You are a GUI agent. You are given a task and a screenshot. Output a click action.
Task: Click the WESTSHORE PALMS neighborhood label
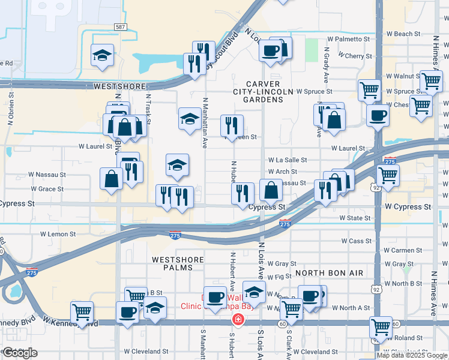pyautogui.click(x=173, y=263)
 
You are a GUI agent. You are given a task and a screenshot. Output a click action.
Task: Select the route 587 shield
pyautogui.click(x=120, y=28)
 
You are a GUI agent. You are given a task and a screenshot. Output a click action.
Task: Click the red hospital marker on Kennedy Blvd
pyautogui.click(x=238, y=319)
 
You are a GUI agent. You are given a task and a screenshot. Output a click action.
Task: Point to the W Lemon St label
pyautogui.click(x=58, y=234)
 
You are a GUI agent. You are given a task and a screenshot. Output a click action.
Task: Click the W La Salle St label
pyautogui.click(x=288, y=160)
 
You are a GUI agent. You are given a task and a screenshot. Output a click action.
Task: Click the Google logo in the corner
pyautogui.click(x=20, y=352)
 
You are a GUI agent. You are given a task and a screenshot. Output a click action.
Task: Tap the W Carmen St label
pyautogui.click(x=403, y=250)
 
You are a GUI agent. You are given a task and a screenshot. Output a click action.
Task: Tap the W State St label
pyautogui.click(x=353, y=218)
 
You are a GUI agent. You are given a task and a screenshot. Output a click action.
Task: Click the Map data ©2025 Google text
pyautogui.click(x=412, y=355)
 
